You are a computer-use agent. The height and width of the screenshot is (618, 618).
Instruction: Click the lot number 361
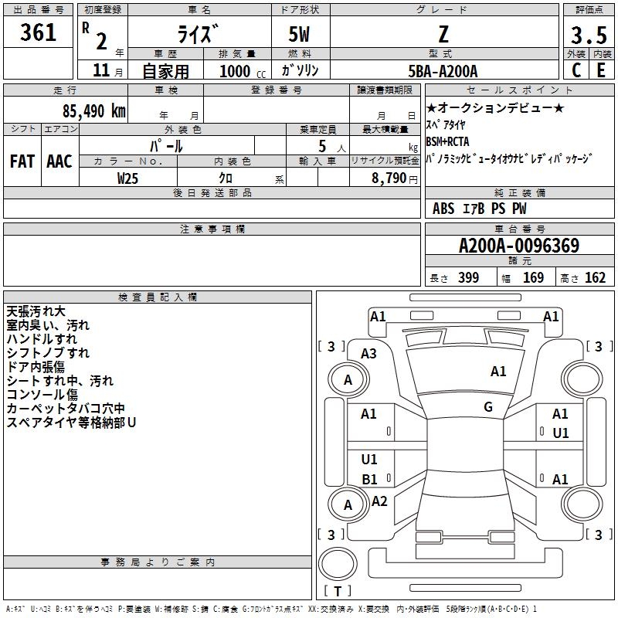39,32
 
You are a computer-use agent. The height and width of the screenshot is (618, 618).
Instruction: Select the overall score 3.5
588,36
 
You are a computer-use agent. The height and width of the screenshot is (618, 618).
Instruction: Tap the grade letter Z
443,33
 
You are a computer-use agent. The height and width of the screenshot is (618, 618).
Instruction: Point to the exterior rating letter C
576,70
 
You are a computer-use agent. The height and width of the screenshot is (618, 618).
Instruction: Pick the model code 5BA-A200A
443,71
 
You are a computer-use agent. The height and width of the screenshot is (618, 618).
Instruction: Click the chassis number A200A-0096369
518,246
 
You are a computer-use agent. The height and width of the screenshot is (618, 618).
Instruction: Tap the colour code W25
128,178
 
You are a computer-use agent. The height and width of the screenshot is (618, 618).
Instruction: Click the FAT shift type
22,161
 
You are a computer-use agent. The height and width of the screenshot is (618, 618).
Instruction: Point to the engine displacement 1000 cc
240,71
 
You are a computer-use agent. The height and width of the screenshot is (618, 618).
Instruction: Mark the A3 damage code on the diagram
369,354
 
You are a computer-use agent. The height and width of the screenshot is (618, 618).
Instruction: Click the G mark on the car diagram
488,407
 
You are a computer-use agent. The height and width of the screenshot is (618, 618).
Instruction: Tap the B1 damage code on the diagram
370,479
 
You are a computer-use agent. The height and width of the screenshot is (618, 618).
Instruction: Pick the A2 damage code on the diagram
379,501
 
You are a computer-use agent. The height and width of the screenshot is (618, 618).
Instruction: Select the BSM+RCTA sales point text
447,141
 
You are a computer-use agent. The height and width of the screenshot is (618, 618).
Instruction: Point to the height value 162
595,278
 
